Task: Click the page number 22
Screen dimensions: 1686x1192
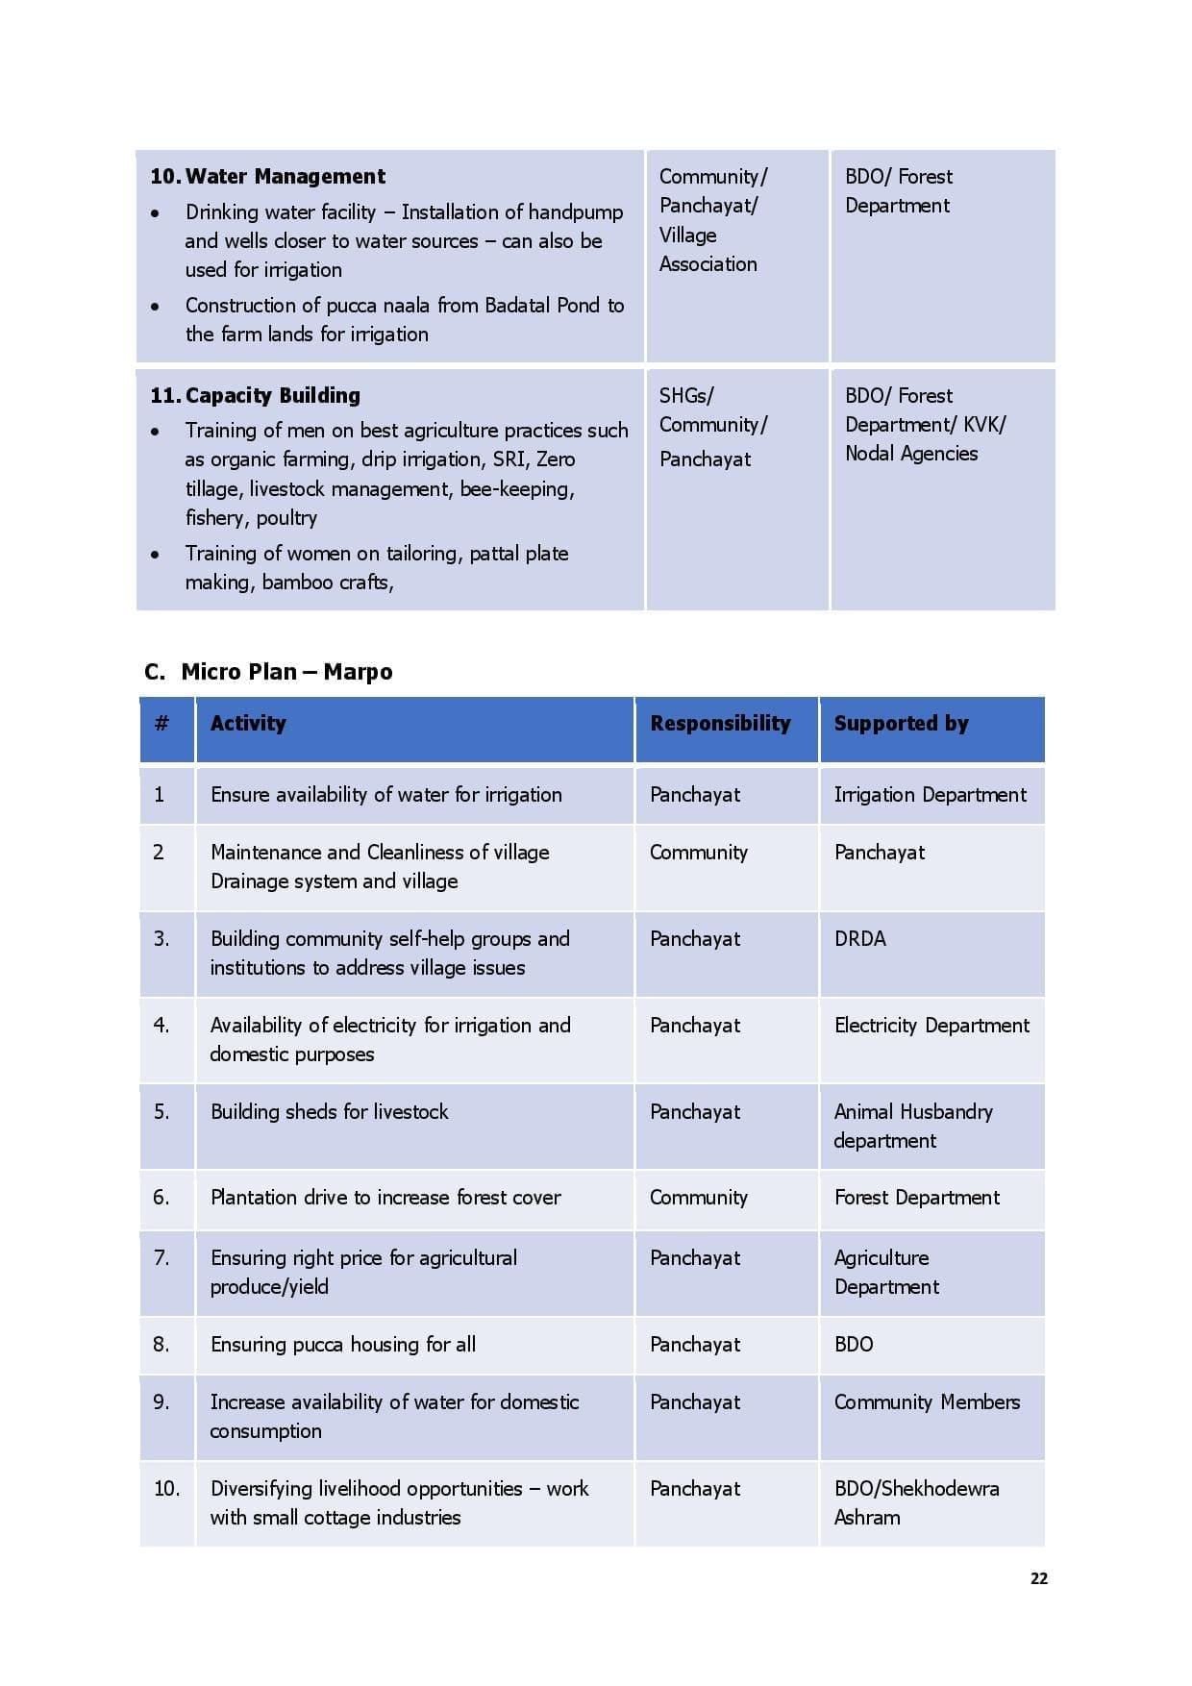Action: [x=1038, y=1578]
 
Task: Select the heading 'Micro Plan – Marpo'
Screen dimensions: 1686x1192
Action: [x=286, y=672]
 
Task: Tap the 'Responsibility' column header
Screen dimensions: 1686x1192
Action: [x=720, y=724]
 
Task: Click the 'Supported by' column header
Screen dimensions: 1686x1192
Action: [x=901, y=724]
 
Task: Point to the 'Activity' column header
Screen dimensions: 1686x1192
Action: [x=248, y=724]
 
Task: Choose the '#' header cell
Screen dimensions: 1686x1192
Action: [x=161, y=724]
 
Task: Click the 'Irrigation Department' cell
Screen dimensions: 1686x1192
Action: [x=930, y=795]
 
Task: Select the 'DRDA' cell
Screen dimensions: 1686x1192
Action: [x=860, y=939]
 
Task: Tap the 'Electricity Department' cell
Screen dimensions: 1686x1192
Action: [x=931, y=1026]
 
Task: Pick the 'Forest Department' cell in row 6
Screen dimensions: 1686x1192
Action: [x=917, y=1198]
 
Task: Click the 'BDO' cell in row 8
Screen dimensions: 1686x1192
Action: [x=854, y=1345]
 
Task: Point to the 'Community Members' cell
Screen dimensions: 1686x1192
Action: [x=927, y=1402]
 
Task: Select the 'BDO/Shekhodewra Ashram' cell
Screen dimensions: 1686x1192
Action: [x=916, y=1502]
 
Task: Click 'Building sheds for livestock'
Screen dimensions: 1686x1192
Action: [x=330, y=1112]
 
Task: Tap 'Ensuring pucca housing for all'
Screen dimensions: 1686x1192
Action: [x=343, y=1345]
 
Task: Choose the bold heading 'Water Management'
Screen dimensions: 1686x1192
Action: [x=285, y=177]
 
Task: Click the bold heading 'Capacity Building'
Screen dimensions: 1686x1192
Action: [x=272, y=396]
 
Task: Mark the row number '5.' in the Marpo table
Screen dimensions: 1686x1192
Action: [x=161, y=1112]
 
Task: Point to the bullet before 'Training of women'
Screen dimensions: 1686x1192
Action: [x=156, y=555]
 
